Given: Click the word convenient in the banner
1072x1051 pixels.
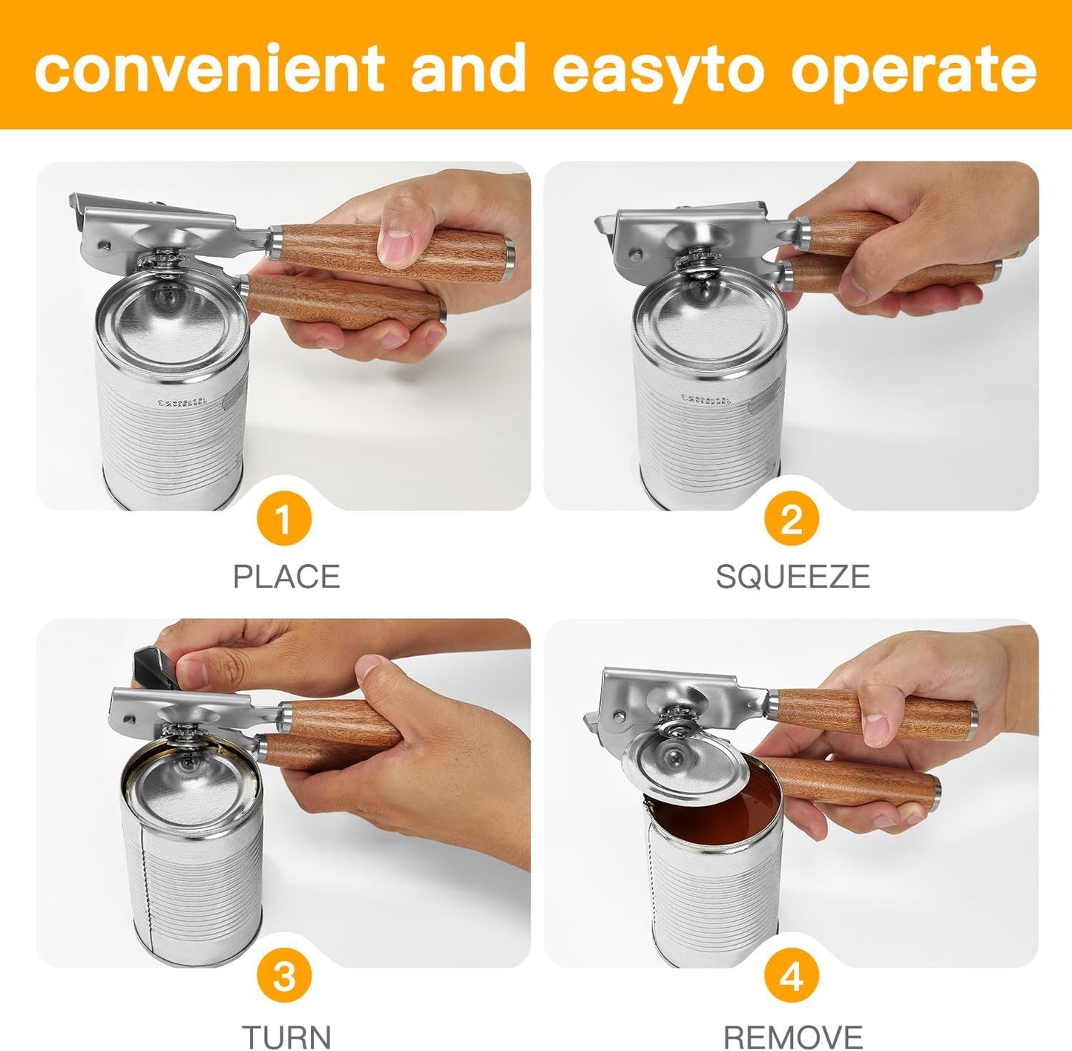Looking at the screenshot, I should (x=208, y=68).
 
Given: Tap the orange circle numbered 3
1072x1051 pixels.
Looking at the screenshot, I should (x=284, y=977).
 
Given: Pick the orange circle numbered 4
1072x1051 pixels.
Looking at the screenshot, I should (x=792, y=977).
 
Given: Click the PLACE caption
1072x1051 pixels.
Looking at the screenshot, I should (x=286, y=577).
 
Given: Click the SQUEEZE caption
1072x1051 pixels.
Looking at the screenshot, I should (x=792, y=577).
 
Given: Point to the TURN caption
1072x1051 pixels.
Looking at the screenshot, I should (x=286, y=1035).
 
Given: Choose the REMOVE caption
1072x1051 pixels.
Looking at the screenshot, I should (x=792, y=1035).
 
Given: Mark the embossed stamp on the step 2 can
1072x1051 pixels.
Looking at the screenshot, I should (x=706, y=399).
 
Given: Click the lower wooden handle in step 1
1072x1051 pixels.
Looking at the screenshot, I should (x=341, y=303).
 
